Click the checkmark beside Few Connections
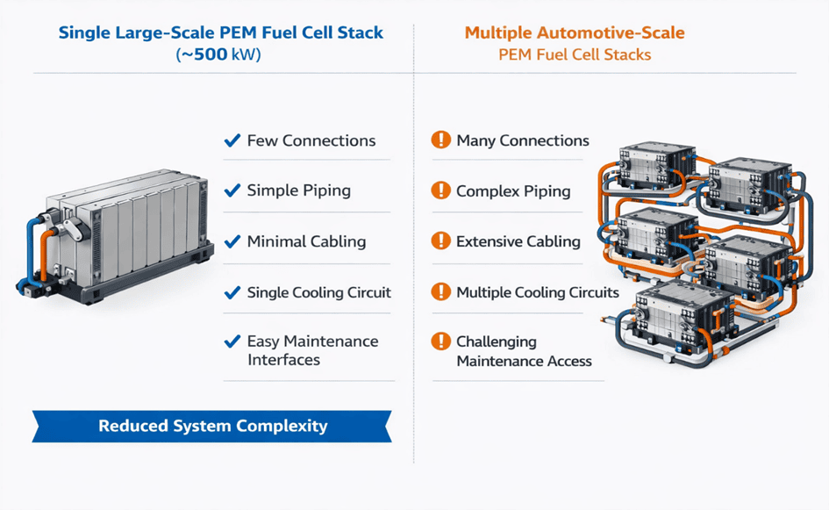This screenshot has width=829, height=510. point(232,140)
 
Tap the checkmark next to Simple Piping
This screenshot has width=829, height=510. point(232,190)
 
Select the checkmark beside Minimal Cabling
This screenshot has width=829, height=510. point(232,241)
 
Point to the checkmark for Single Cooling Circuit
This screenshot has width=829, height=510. point(232,292)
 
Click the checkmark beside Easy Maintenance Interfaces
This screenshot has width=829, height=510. point(232,341)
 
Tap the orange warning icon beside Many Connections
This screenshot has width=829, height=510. point(441,140)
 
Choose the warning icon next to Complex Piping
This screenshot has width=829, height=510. point(441,190)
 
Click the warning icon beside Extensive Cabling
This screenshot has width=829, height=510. point(441,241)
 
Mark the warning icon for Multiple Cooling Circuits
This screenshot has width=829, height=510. point(441,292)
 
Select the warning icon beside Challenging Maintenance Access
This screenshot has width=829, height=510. point(441,341)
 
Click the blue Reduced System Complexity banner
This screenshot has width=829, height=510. point(212,427)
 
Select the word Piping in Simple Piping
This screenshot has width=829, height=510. point(327,190)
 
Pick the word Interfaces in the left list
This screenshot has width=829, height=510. point(283,360)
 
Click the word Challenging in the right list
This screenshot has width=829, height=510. point(497,341)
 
